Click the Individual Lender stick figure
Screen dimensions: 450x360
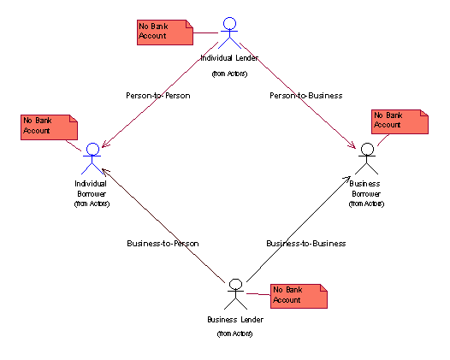pyautogui.click(x=229, y=32)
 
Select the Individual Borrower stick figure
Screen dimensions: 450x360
pyautogui.click(x=92, y=159)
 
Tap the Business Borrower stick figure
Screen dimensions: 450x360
pyautogui.click(x=367, y=159)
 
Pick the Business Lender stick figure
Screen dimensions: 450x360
pyautogui.click(x=235, y=294)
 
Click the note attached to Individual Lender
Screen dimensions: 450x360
pyautogui.click(x=165, y=32)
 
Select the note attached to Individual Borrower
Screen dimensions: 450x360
pyautogui.click(x=49, y=127)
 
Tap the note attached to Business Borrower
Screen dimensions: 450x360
pyautogui.click(x=400, y=121)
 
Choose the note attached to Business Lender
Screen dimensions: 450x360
pyautogui.click(x=299, y=297)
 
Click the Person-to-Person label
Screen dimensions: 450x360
pyautogui.click(x=158, y=96)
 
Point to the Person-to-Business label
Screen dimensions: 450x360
pyautogui.click(x=306, y=96)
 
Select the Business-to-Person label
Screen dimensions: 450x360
pyautogui.click(x=163, y=244)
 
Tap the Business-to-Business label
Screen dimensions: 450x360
pyautogui.click(x=306, y=244)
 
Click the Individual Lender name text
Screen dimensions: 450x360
pyautogui.click(x=229, y=58)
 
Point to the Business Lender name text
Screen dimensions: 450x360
pyautogui.click(x=235, y=320)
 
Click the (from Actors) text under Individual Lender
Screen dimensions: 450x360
pyautogui.click(x=229, y=74)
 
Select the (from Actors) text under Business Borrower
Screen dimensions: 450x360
pyautogui.click(x=366, y=204)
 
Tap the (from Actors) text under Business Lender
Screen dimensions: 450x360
pyautogui.click(x=234, y=333)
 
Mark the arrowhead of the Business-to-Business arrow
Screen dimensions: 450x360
pyautogui.click(x=347, y=179)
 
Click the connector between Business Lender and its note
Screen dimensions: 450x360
pyautogui.click(x=258, y=294)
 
